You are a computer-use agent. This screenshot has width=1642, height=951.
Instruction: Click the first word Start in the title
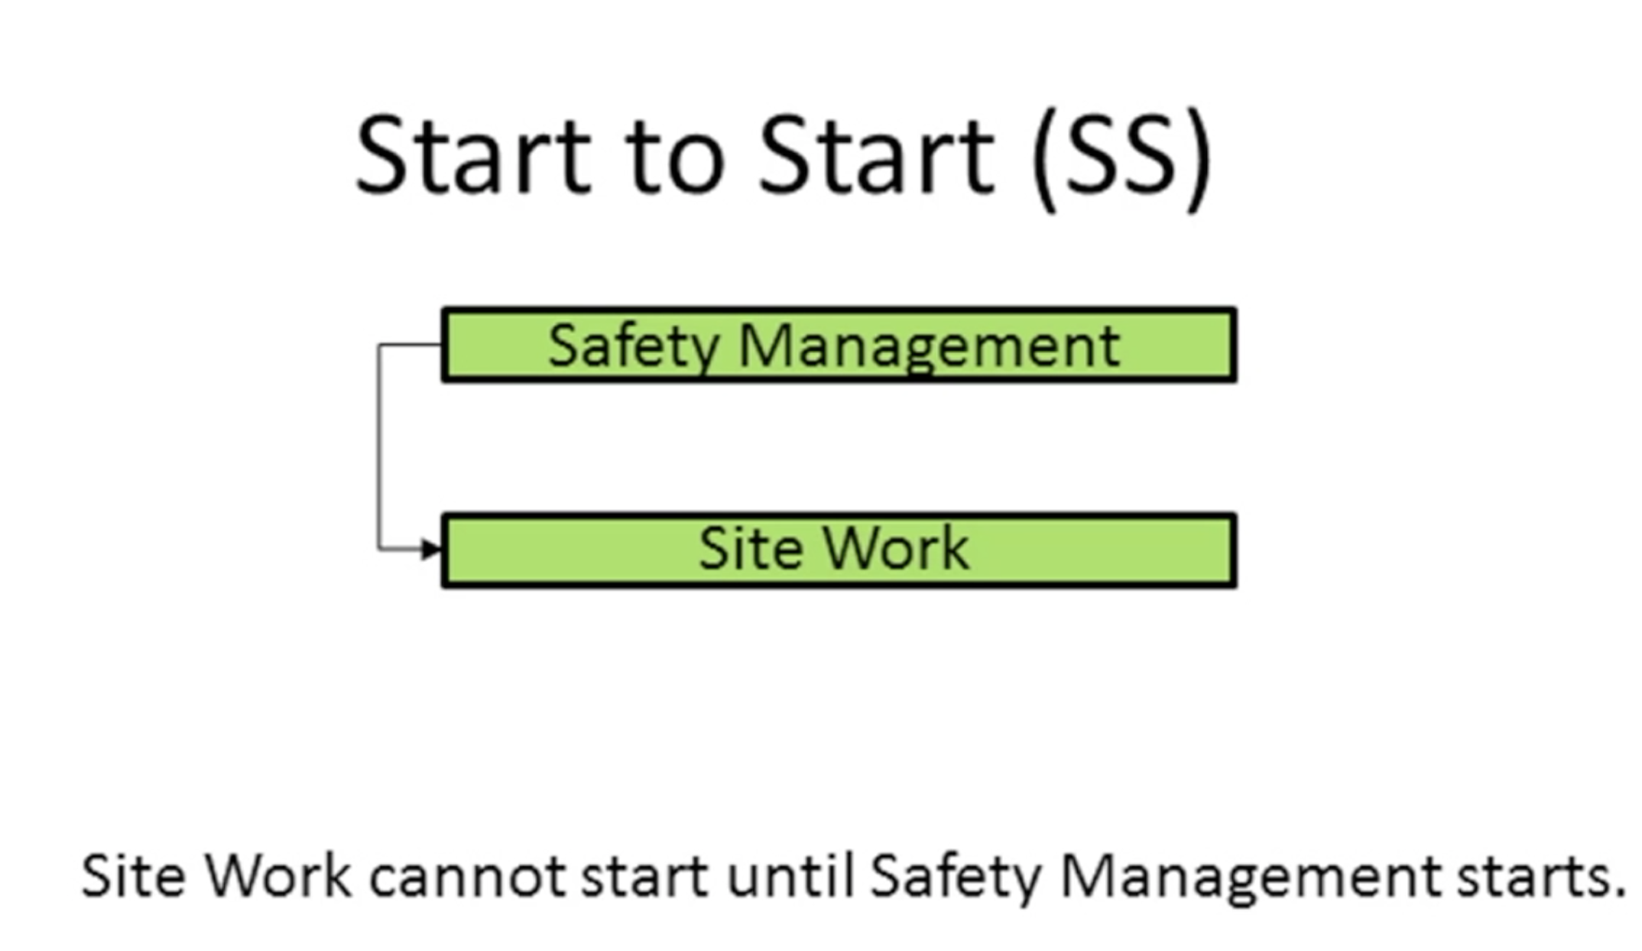[x=474, y=155]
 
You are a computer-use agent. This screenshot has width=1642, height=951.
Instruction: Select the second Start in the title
[x=877, y=155]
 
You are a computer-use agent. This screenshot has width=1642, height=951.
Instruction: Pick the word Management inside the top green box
[x=930, y=348]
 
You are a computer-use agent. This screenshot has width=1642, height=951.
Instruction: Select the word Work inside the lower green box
[x=896, y=548]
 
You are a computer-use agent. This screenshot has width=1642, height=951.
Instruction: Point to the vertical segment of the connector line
[x=378, y=446]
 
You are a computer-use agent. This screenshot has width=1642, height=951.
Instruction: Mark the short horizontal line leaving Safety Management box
[x=411, y=345]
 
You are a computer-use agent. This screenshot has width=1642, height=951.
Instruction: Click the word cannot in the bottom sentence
[x=467, y=876]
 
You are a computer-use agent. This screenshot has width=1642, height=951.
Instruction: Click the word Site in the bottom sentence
[x=133, y=875]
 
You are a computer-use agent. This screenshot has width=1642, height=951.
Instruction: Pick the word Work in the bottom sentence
[x=277, y=875]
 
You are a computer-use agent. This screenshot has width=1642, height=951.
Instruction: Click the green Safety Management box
[x=839, y=345]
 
